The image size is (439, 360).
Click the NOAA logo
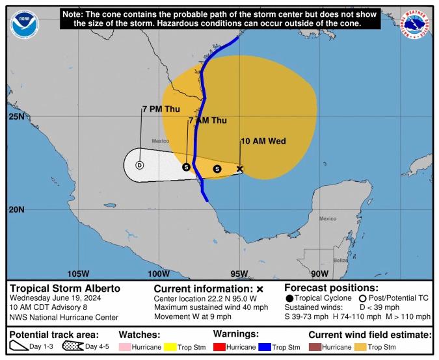point(24,24)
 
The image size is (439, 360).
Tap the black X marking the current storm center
point(239,169)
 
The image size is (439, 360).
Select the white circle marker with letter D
point(139,165)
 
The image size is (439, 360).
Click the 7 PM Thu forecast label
point(161,109)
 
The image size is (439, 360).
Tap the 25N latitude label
point(16,117)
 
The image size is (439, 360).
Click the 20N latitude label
point(16,209)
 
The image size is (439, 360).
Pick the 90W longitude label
point(319,274)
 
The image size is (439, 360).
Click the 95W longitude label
point(239,274)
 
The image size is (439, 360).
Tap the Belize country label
point(339,260)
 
